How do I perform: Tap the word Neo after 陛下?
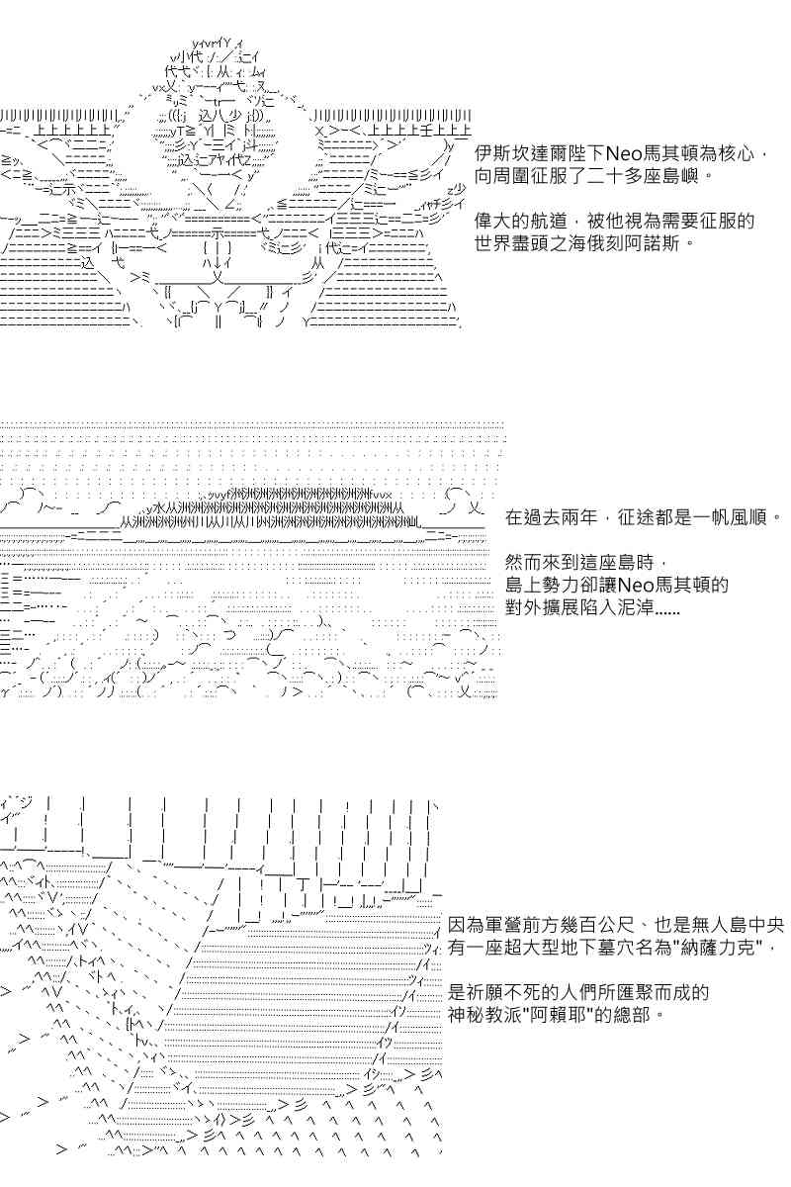[624, 153]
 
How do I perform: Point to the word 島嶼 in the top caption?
[679, 176]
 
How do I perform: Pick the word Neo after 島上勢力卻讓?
[634, 585]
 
